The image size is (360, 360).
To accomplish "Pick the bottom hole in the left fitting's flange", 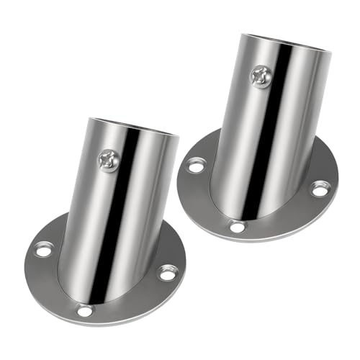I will coord(85,311).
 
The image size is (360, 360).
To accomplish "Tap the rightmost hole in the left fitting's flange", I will coord(167,274).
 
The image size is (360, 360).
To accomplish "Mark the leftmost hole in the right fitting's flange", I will coord(195,166).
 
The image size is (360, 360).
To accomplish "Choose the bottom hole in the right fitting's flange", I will coord(235,228).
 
